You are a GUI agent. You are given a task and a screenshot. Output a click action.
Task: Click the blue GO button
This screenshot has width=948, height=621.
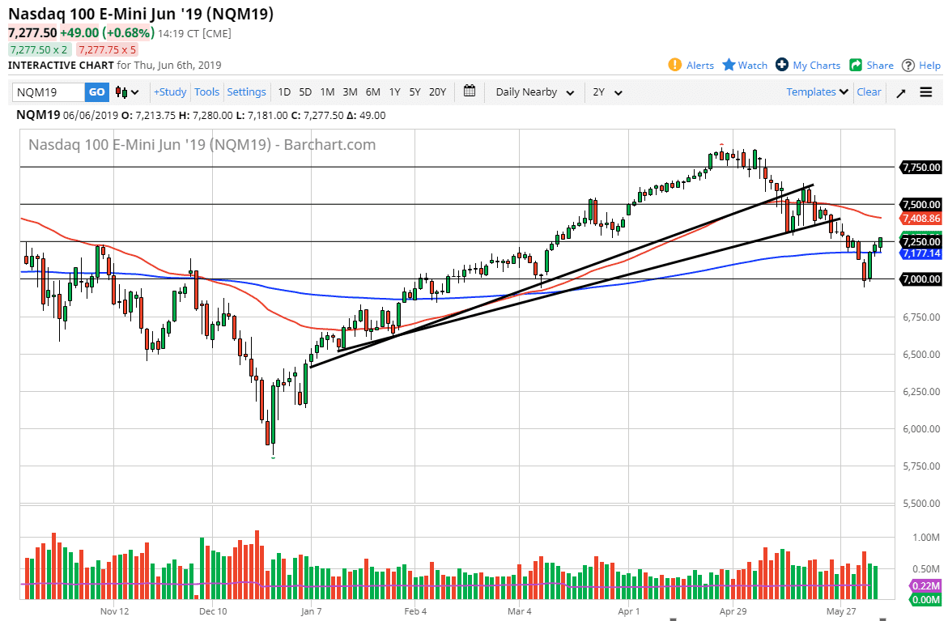[x=96, y=92]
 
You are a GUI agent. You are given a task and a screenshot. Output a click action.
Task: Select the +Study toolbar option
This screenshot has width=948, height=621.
[x=170, y=92]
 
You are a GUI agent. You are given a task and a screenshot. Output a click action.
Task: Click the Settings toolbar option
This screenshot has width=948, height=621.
[x=246, y=92]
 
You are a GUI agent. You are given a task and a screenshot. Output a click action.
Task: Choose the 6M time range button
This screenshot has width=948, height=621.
[x=372, y=92]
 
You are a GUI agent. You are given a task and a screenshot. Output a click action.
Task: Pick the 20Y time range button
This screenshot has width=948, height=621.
[x=437, y=92]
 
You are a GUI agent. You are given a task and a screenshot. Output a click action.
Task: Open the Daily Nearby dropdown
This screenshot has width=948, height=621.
[x=534, y=92]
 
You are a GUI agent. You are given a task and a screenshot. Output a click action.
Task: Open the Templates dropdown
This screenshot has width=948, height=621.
[x=817, y=92]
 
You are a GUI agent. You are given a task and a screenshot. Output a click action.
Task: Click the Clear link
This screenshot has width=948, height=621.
[x=869, y=92]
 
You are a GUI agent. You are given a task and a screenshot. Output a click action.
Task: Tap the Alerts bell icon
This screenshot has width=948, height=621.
[x=674, y=65]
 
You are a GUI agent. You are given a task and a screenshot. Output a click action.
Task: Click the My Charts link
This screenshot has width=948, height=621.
[x=808, y=65]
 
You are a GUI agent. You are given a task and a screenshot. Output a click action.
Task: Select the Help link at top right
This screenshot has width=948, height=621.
[x=921, y=65]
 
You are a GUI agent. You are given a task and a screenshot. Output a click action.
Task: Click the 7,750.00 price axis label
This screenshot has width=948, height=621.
[x=921, y=168]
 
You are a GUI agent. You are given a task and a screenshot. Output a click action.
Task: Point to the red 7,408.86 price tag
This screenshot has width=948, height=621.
[x=921, y=219]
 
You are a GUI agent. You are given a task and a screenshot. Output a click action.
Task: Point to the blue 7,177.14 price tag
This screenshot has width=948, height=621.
[x=921, y=253]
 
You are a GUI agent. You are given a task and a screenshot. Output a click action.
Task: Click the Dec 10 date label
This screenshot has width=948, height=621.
[x=212, y=611]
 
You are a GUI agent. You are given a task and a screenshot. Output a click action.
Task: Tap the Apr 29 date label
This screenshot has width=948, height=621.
[x=732, y=611]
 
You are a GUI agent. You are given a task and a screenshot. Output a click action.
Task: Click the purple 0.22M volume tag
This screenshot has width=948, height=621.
[x=925, y=585]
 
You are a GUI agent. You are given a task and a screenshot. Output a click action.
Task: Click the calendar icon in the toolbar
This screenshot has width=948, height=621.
[x=470, y=91]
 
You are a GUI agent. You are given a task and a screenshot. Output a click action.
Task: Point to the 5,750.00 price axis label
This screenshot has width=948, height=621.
[x=921, y=466]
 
